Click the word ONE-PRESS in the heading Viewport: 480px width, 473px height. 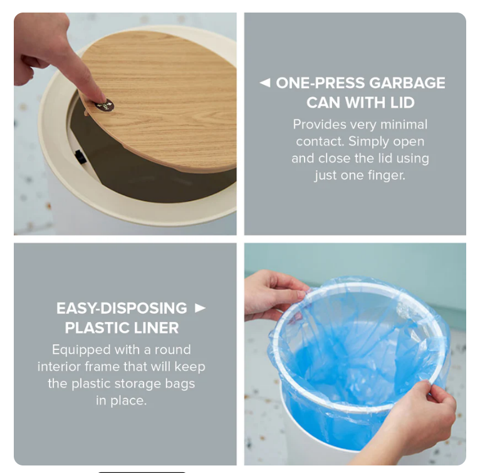click(320, 83)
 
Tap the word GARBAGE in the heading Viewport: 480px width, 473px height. click(407, 83)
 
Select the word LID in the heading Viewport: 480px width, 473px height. click(402, 102)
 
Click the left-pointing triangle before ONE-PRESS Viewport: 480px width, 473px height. click(265, 83)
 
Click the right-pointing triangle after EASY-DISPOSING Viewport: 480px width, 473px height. click(200, 308)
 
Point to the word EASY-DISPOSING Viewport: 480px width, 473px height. click(122, 309)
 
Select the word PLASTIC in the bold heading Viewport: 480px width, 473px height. click(93, 327)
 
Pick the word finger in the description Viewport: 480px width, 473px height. click(385, 175)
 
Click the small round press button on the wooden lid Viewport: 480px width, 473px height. click(104, 107)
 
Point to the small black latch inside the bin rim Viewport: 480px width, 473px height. click(80, 157)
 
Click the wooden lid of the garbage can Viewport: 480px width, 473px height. click(169, 94)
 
